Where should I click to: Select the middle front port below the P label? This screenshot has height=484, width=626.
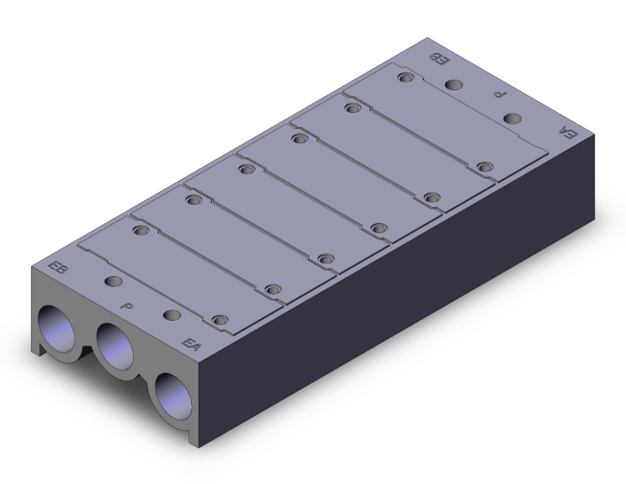(x=115, y=345)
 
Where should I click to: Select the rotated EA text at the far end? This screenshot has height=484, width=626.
(x=568, y=131)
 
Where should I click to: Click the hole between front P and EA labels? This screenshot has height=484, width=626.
(x=172, y=315)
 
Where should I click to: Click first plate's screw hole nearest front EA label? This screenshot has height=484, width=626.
(x=220, y=320)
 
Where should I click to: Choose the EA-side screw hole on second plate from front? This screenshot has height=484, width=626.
(x=271, y=289)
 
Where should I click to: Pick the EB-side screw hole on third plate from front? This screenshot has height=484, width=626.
(x=246, y=169)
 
